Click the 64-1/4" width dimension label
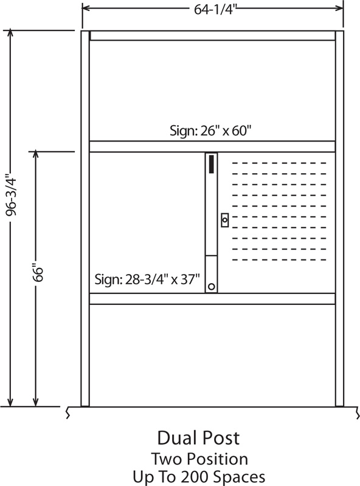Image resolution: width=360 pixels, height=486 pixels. (x=215, y=10)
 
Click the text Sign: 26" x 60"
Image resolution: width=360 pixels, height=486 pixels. (x=210, y=131)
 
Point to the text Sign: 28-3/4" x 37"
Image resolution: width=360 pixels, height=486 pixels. (x=147, y=279)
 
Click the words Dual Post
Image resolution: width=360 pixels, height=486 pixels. (x=199, y=438)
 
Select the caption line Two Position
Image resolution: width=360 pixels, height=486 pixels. (x=200, y=459)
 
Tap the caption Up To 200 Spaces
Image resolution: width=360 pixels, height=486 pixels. (x=199, y=477)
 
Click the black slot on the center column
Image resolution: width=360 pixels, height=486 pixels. (x=212, y=164)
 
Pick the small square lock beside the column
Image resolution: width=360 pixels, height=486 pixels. (x=225, y=220)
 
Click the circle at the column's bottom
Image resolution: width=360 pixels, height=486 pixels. (x=212, y=286)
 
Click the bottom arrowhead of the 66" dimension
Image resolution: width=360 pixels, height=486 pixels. (x=36, y=402)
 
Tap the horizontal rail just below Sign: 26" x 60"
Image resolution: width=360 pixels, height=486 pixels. (x=212, y=146)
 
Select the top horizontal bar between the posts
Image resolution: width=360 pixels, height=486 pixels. (x=213, y=35)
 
